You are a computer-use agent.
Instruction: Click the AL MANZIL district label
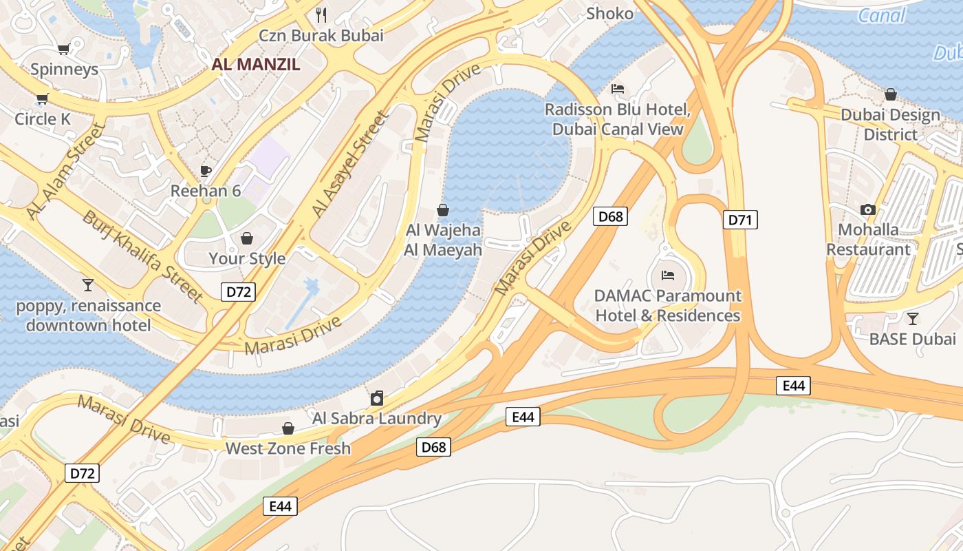(x=256, y=65)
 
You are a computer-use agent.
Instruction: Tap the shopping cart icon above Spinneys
(x=63, y=49)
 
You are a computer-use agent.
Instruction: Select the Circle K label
(x=43, y=119)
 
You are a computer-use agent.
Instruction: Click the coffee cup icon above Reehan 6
(x=205, y=170)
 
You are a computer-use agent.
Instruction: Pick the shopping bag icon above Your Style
(x=246, y=238)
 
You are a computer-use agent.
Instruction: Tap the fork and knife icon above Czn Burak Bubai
(x=321, y=14)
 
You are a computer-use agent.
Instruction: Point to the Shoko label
(x=609, y=14)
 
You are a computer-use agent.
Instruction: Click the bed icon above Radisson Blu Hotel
(x=618, y=89)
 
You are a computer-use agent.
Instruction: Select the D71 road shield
(x=740, y=220)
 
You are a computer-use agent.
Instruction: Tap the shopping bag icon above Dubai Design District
(x=891, y=94)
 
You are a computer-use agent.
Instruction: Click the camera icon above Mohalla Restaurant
(x=868, y=209)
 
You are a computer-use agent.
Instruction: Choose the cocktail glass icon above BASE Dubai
(x=912, y=318)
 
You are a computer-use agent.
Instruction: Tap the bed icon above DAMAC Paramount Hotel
(x=667, y=275)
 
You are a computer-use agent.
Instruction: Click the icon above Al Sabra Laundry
(x=377, y=398)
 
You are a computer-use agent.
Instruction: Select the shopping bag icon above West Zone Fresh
(x=288, y=428)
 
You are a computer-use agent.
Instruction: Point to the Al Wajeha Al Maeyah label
(x=443, y=240)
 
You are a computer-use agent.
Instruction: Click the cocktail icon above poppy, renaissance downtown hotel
(x=88, y=284)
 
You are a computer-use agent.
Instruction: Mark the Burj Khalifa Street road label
(x=143, y=256)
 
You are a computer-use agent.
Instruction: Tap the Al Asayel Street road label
(x=350, y=164)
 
